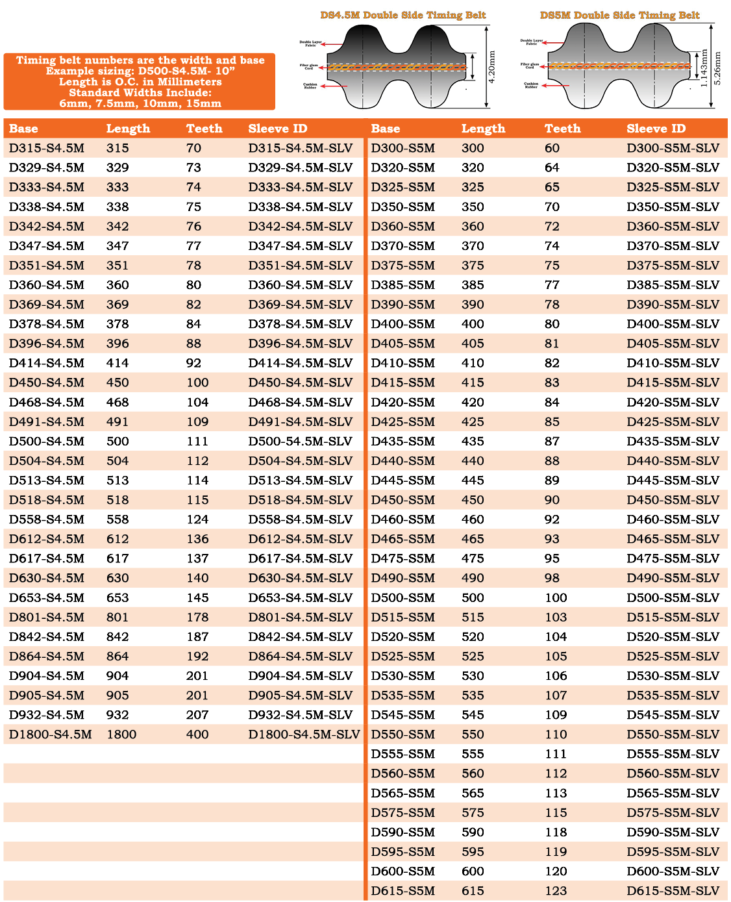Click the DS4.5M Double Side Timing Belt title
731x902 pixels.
click(x=403, y=15)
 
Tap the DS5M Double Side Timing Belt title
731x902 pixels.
click(x=619, y=15)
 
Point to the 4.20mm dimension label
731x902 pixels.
click(x=492, y=67)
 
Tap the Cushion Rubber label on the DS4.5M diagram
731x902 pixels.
click(x=310, y=86)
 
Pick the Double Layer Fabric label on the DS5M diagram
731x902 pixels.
click(x=531, y=42)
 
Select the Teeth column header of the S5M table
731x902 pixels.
click(x=562, y=129)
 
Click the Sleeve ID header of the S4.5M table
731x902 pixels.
click(x=277, y=129)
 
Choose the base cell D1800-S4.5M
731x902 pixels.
click(x=50, y=734)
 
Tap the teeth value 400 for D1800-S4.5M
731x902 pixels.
click(x=197, y=734)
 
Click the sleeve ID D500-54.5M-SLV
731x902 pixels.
click(x=300, y=442)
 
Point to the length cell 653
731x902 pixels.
click(x=118, y=598)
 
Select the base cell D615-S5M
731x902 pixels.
click(x=403, y=891)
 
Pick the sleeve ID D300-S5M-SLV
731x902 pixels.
click(x=673, y=148)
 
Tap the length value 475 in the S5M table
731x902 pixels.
click(x=473, y=558)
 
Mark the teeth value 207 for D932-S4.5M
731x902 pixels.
click(x=197, y=715)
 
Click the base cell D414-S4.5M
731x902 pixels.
click(x=47, y=363)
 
